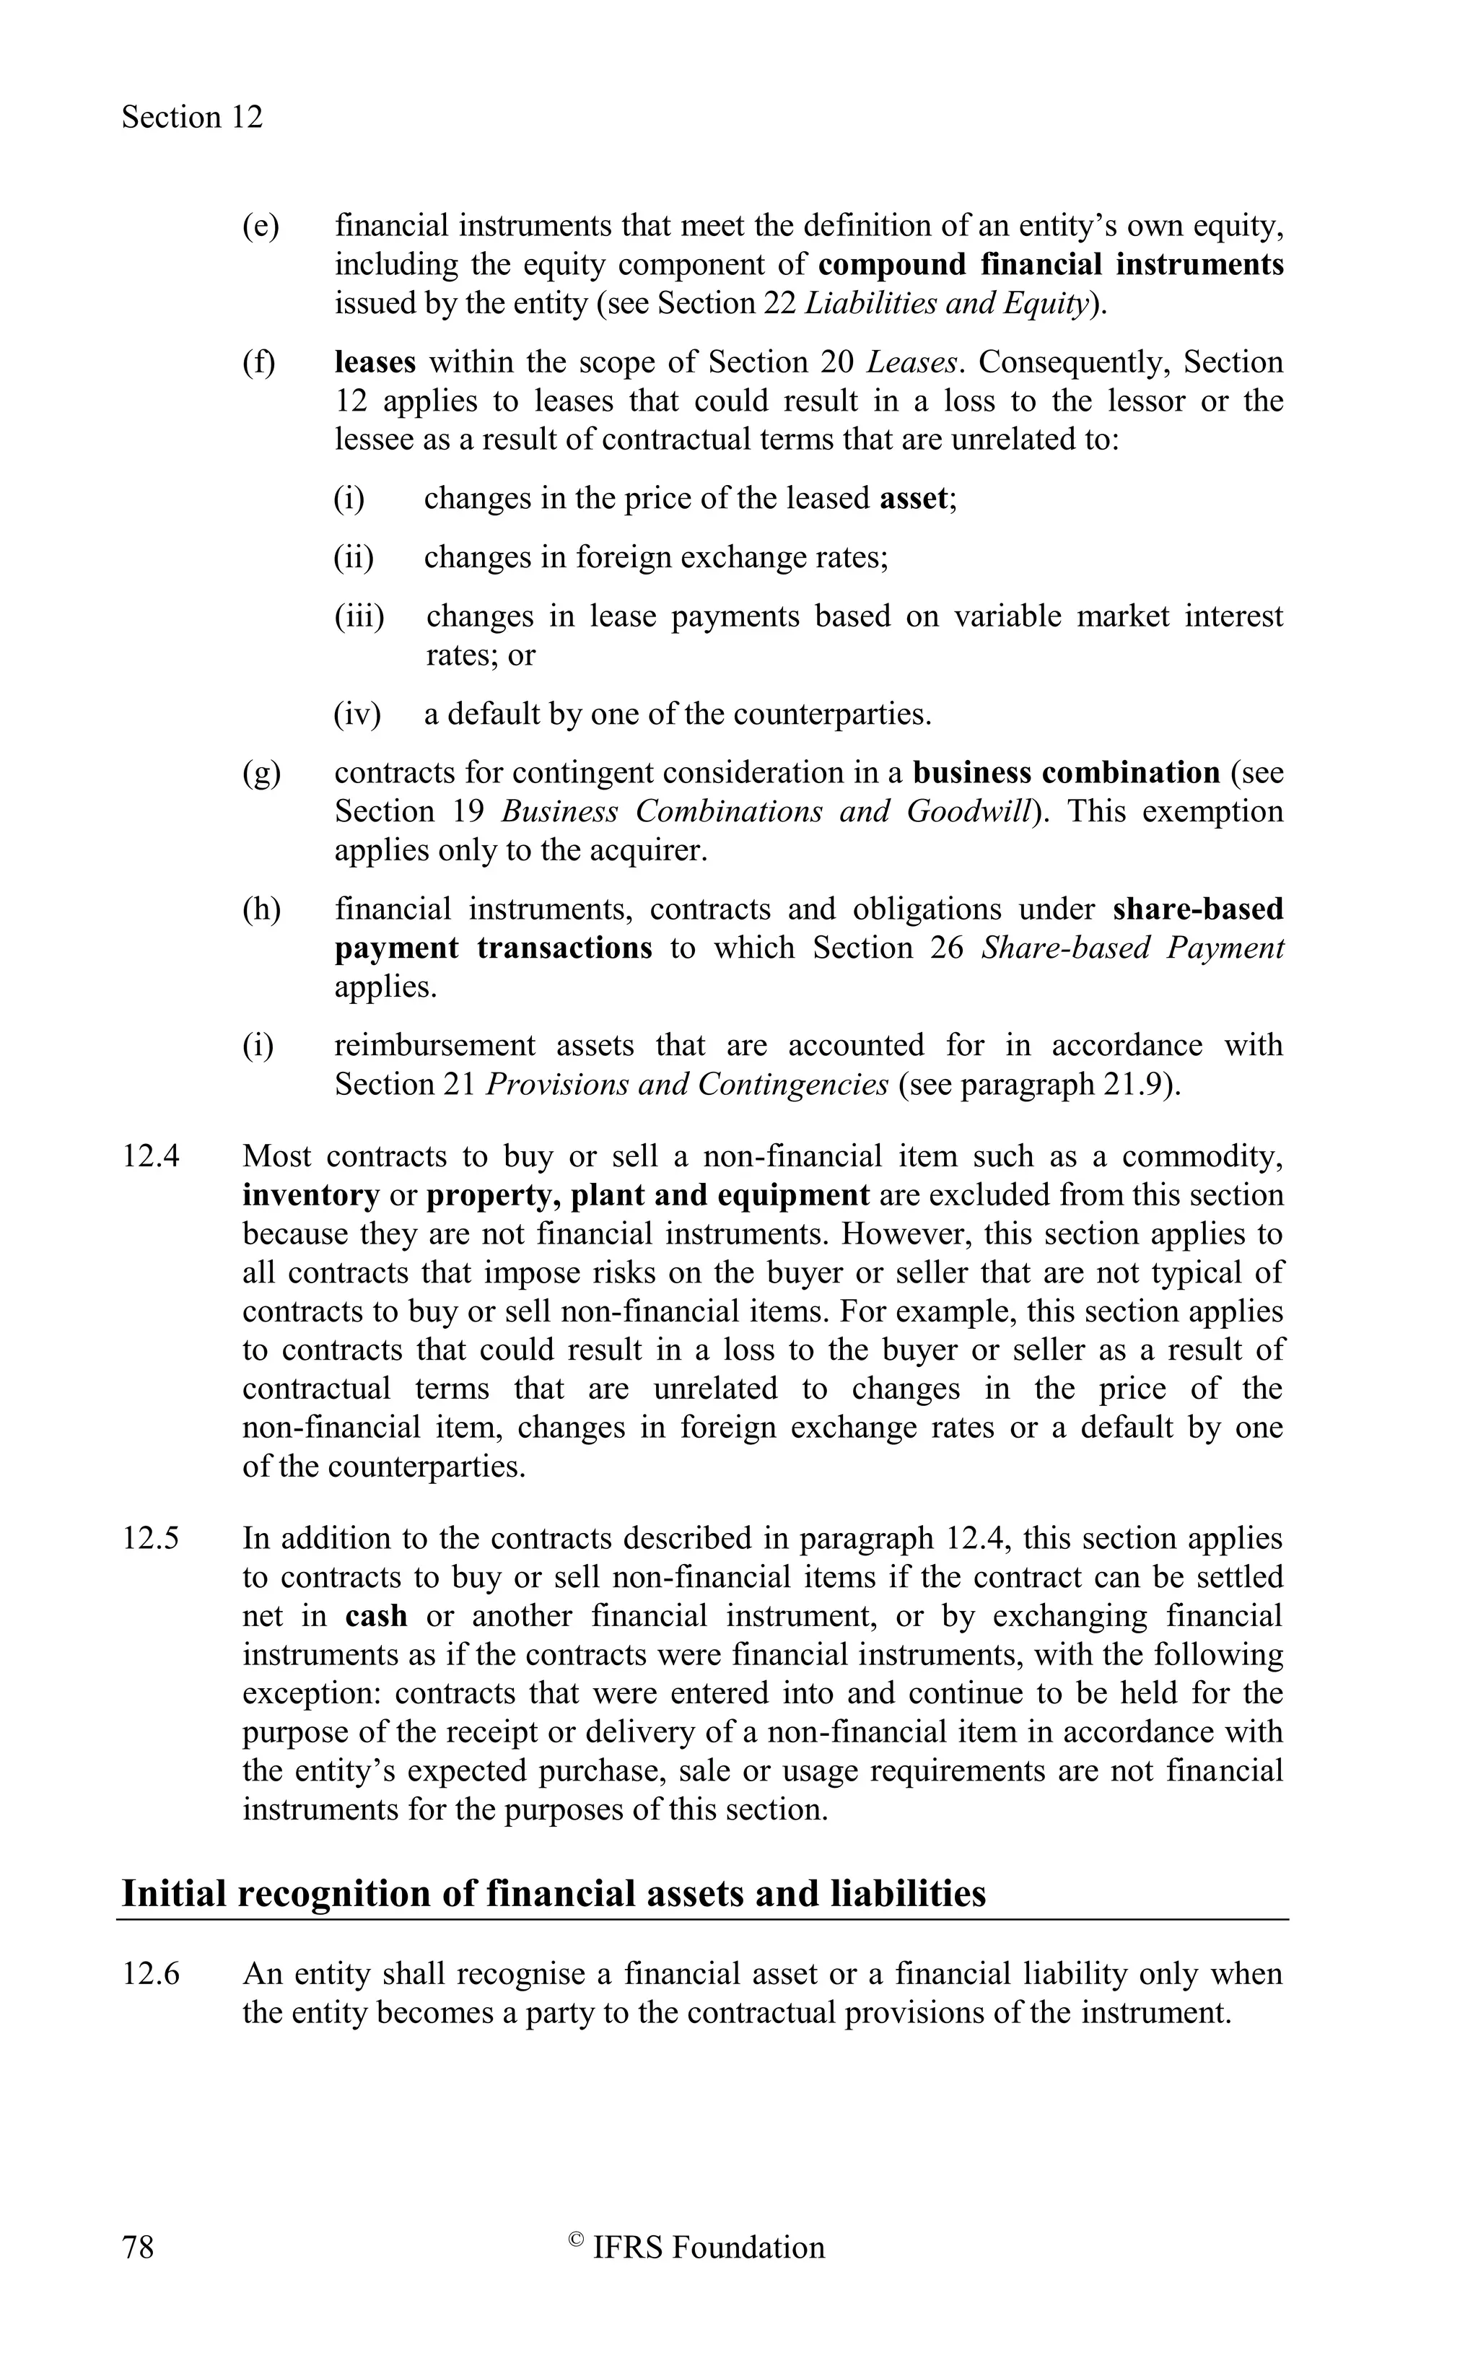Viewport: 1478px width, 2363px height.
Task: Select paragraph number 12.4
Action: [x=151, y=1156]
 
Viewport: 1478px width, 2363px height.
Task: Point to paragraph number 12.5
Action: [x=151, y=1538]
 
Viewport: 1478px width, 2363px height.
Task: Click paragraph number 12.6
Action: [x=151, y=1974]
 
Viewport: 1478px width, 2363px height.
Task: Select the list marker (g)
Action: [x=261, y=772]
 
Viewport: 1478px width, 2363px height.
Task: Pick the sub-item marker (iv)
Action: [x=357, y=714]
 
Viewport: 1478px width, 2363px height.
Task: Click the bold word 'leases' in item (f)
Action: [x=375, y=363]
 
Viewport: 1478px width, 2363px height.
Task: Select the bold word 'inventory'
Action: [x=311, y=1194]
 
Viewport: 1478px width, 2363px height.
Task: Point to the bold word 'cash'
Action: [x=375, y=1615]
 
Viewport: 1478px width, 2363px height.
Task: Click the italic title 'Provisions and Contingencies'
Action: [x=686, y=1084]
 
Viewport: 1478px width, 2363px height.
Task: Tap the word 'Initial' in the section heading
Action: [x=173, y=1894]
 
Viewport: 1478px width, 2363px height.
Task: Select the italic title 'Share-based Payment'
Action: [x=1131, y=948]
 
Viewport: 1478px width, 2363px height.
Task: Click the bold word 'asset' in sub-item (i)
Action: [x=913, y=499]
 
